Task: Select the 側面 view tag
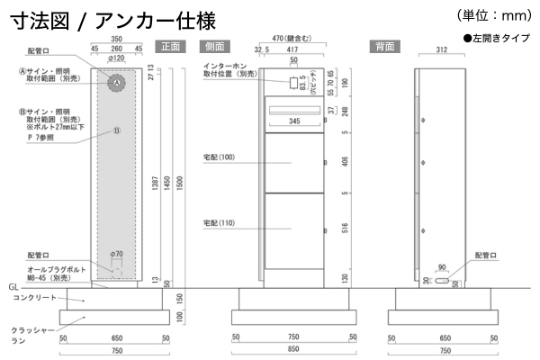[213, 45]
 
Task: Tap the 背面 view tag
[383, 45]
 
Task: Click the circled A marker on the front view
[115, 83]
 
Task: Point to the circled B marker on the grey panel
[115, 130]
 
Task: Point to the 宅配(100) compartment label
[219, 157]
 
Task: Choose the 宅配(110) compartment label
[219, 222]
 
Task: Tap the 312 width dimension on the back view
[440, 51]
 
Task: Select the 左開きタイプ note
[499, 39]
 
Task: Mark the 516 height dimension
[346, 229]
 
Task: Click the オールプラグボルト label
[58, 269]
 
